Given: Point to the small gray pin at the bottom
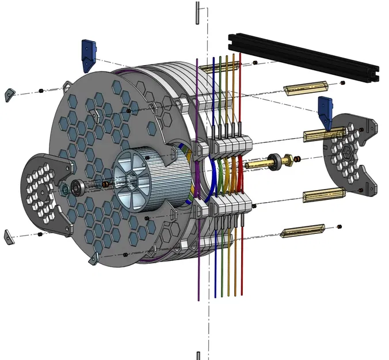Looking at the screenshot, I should [x=198, y=355].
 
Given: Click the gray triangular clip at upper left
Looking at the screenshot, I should [x=10, y=94].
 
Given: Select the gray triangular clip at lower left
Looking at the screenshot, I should [x=10, y=235].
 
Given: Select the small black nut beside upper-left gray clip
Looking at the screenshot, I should [x=41, y=90].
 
